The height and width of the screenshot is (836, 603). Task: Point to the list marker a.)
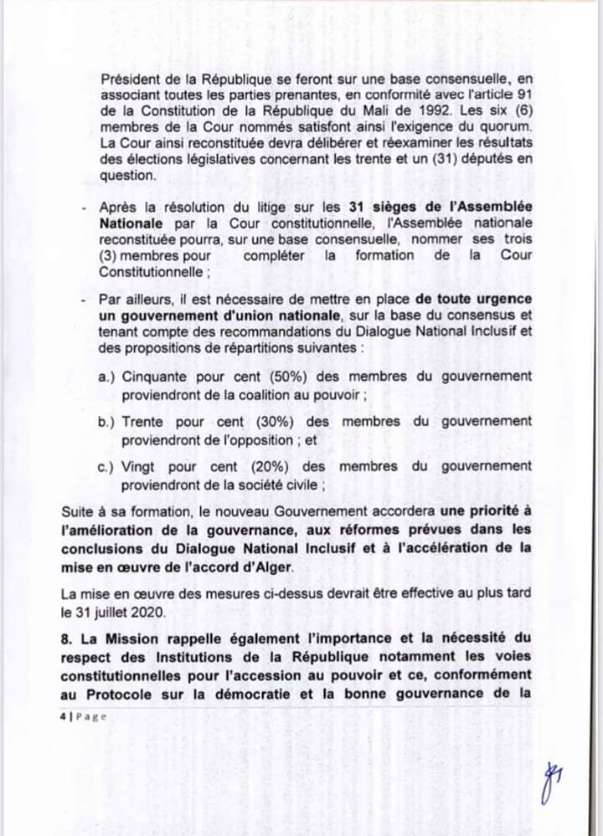(x=106, y=377)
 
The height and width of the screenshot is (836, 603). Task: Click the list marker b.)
(x=106, y=423)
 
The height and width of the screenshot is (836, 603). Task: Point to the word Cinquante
(x=155, y=377)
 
